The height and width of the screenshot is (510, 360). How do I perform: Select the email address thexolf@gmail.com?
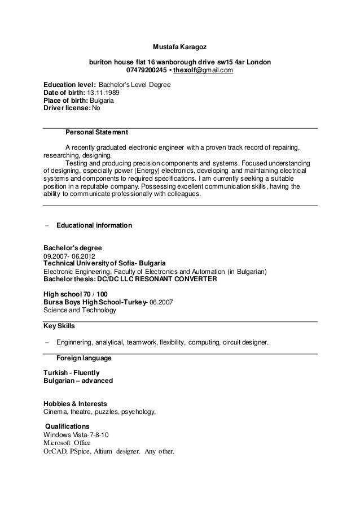[x=203, y=70]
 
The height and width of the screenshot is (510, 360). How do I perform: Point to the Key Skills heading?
[x=59, y=326]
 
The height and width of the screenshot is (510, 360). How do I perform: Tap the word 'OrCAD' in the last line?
[x=55, y=452]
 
